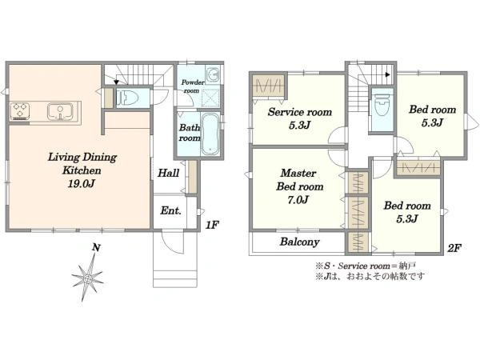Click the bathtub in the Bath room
[x=210, y=134]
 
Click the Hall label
[x=167, y=172]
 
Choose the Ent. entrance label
[x=171, y=211]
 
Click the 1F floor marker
[x=211, y=226]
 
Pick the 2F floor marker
[x=453, y=249]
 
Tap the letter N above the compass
[x=95, y=249]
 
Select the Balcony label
[x=300, y=242]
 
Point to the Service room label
[x=299, y=111]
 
